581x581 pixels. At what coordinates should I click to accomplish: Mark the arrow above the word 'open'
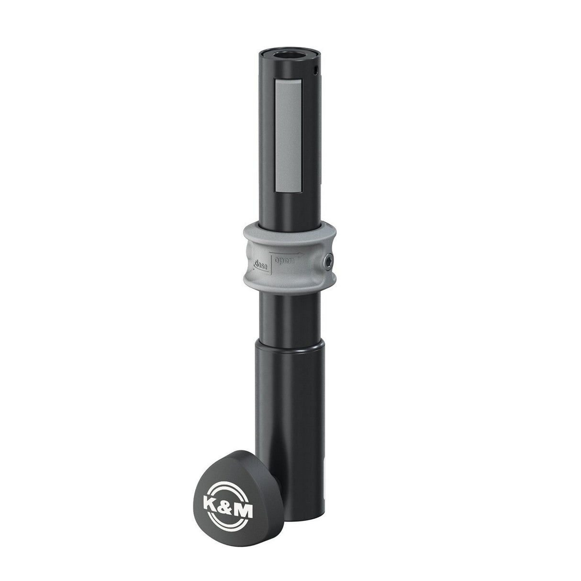pos(287,254)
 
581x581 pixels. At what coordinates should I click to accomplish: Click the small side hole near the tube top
pos(315,72)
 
